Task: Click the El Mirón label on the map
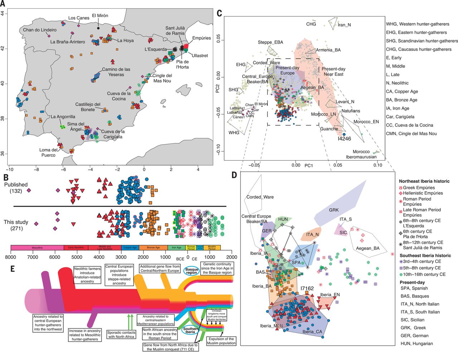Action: click(x=100, y=16)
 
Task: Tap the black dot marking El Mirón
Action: click(x=98, y=28)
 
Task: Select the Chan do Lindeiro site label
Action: click(x=40, y=30)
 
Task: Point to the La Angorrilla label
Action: click(x=63, y=117)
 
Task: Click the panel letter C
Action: click(x=219, y=14)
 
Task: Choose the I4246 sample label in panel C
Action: click(x=344, y=139)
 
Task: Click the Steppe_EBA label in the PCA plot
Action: click(x=270, y=42)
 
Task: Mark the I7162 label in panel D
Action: click(x=307, y=288)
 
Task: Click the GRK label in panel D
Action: click(x=333, y=210)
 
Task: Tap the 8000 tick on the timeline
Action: click(x=11, y=257)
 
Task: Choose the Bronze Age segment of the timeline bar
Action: click(x=153, y=247)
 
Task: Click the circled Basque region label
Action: click(x=191, y=271)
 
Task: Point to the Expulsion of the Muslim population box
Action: click(x=221, y=341)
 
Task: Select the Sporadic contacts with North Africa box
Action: click(x=121, y=335)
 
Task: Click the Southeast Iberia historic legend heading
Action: click(x=425, y=255)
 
